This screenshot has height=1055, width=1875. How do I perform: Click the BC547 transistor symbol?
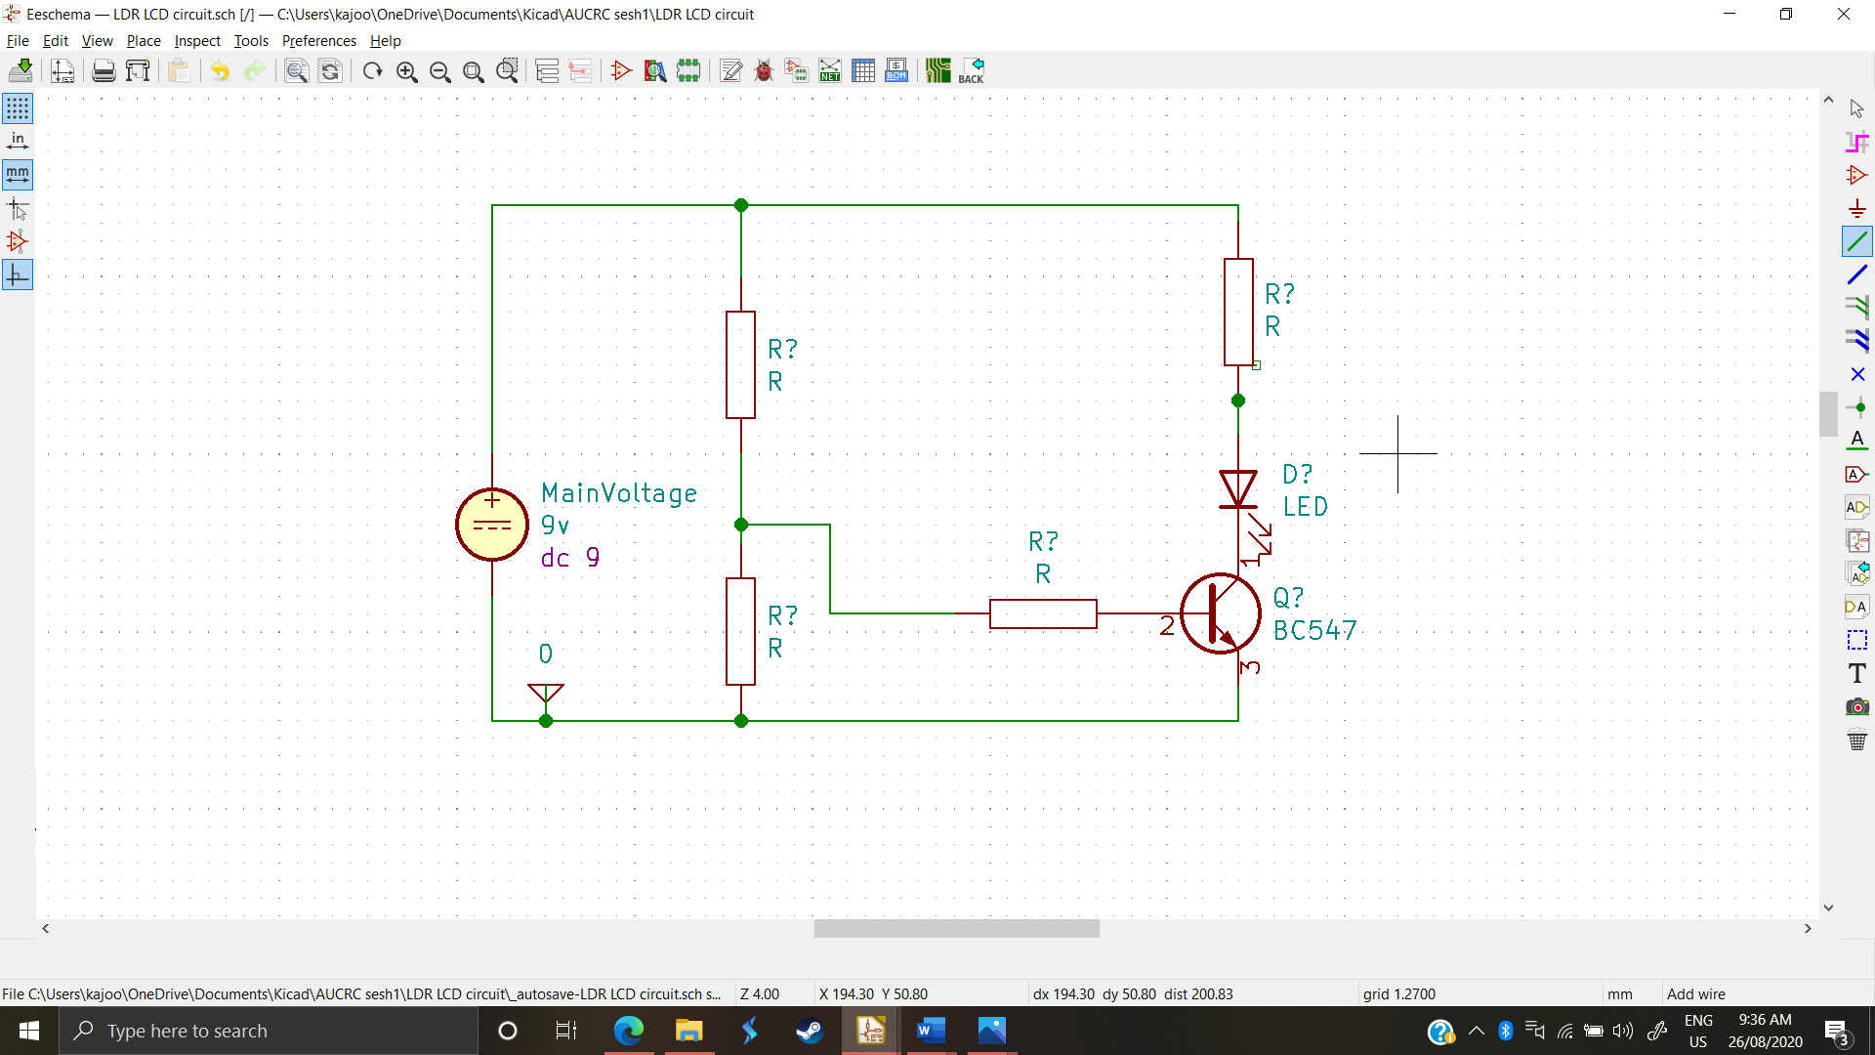(1220, 613)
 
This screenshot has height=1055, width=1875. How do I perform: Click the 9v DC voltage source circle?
(492, 525)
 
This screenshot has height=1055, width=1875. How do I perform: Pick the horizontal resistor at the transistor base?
(1043, 613)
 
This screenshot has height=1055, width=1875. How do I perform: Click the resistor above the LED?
(1238, 312)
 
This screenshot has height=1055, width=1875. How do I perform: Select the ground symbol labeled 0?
(546, 693)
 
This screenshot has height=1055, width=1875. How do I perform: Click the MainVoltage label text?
(619, 493)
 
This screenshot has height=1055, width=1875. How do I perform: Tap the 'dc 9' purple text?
(570, 558)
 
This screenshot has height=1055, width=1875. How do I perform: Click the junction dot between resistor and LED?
(1238, 401)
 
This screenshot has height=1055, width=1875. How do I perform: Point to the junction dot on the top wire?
(741, 205)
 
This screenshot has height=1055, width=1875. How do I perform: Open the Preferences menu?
(318, 41)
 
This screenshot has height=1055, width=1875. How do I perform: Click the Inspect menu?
(197, 41)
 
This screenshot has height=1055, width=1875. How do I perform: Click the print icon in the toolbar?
(104, 71)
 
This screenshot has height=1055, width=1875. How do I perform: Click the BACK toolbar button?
(971, 71)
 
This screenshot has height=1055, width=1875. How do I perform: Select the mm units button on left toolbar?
(18, 175)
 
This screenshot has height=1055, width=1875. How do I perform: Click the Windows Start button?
(29, 1031)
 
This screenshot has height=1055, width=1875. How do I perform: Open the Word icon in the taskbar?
(931, 1031)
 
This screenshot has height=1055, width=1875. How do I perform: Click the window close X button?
(1843, 14)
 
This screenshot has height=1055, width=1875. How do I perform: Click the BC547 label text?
(1314, 631)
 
